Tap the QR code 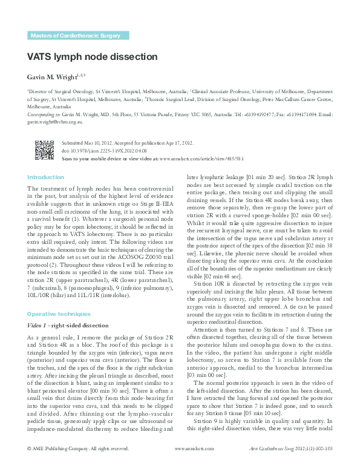coord(44,149)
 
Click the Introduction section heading coord(45,177)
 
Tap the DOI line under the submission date coord(104,150)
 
